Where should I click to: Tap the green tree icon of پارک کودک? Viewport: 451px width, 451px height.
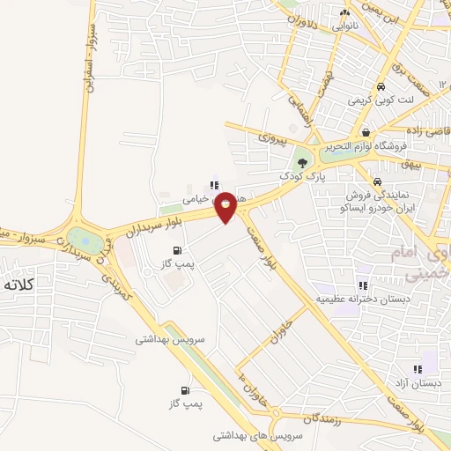303,162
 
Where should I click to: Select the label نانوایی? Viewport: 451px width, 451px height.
344,26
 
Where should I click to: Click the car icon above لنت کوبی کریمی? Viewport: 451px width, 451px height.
380,87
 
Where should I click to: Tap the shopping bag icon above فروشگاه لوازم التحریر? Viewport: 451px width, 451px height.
365,132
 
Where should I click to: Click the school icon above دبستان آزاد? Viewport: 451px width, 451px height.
418,369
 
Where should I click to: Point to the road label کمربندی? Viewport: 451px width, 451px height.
118,282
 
